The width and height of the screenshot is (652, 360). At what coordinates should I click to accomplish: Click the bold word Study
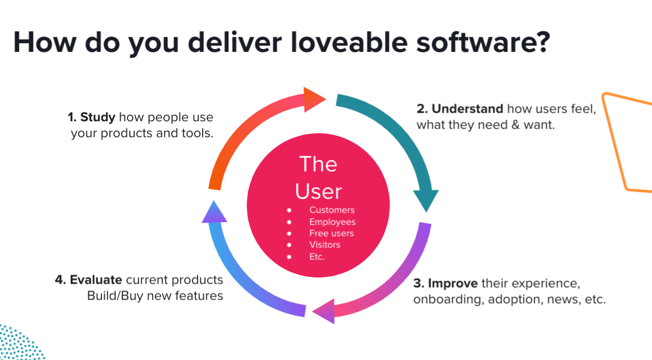[x=98, y=118]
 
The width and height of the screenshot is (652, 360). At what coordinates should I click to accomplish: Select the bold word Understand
[x=467, y=109]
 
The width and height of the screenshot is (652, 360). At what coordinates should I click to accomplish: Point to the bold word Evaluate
[x=96, y=280]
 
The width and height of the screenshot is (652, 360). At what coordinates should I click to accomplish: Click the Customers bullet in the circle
[x=331, y=210]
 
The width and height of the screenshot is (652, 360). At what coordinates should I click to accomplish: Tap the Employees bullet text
[x=332, y=222]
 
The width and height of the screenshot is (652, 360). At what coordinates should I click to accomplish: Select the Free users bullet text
[x=331, y=233]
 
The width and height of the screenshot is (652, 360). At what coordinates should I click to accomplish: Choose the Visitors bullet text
[x=325, y=244]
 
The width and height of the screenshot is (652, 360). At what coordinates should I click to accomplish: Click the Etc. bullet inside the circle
[x=317, y=256]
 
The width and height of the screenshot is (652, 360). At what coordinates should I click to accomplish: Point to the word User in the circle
[x=318, y=191]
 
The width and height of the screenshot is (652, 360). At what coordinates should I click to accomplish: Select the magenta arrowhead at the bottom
[x=323, y=310]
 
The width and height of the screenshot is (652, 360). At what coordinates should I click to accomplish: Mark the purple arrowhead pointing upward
[x=214, y=212]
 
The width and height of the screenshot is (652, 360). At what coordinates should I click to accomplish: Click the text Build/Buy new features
[x=155, y=296]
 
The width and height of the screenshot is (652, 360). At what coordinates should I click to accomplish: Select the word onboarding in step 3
[x=448, y=299]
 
